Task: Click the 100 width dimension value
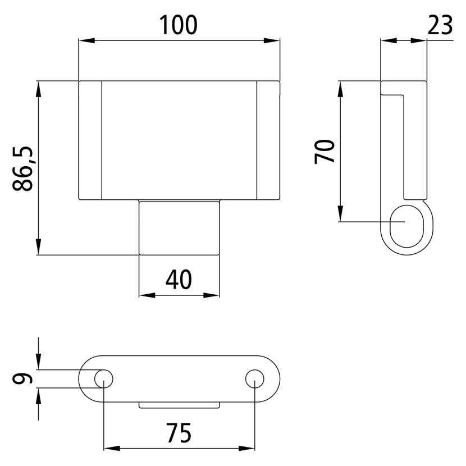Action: pyautogui.click(x=179, y=25)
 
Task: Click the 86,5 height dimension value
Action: pyautogui.click(x=23, y=168)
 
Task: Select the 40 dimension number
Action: pyautogui.click(x=179, y=280)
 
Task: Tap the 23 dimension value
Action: pyautogui.click(x=440, y=25)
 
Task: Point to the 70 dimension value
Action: pyautogui.click(x=325, y=152)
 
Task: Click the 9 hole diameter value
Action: pyautogui.click(x=22, y=378)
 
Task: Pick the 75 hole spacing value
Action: pyautogui.click(x=179, y=433)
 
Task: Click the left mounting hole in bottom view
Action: pyautogui.click(x=104, y=379)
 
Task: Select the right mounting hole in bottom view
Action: pyautogui.click(x=255, y=379)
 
